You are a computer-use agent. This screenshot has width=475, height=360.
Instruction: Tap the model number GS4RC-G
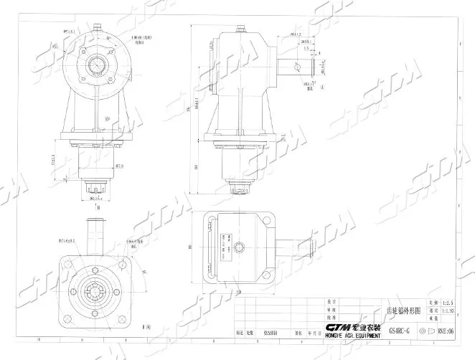click(x=393, y=332)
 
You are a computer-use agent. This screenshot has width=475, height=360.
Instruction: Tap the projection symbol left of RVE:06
click(x=425, y=332)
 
